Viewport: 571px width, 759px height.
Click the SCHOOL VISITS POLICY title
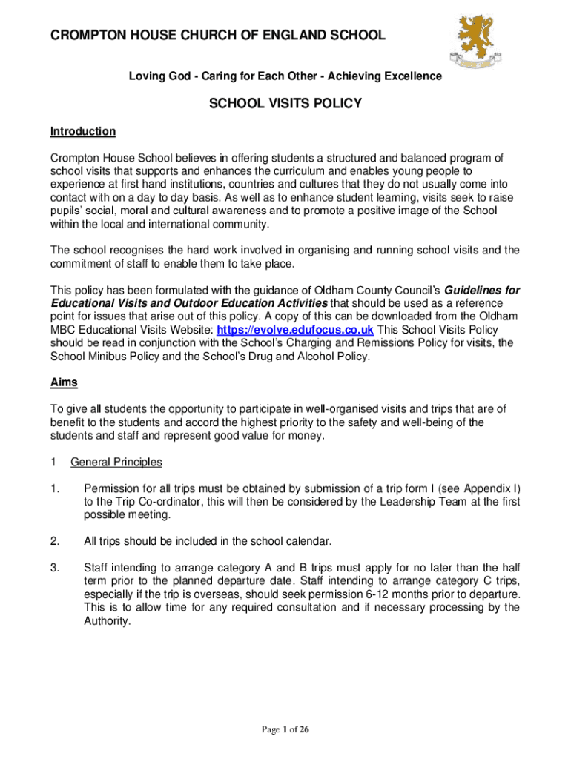(x=285, y=104)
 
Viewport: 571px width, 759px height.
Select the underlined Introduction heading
(x=83, y=132)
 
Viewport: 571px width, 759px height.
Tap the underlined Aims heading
(x=64, y=382)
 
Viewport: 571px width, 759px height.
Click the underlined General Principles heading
(x=116, y=463)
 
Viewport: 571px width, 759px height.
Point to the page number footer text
(x=285, y=730)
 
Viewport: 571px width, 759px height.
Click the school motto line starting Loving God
(x=285, y=76)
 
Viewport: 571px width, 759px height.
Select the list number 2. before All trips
(x=55, y=541)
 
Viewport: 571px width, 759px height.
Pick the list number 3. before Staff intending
(x=55, y=568)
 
